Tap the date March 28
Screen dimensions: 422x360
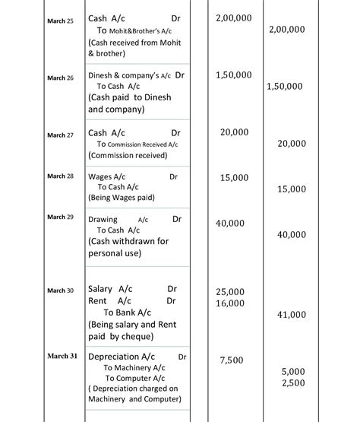[x=61, y=176]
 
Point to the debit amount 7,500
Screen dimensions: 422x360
[x=232, y=360]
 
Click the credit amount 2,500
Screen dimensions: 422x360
[x=292, y=382]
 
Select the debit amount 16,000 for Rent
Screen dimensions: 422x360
[x=230, y=303]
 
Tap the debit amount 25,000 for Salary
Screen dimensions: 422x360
[x=230, y=292]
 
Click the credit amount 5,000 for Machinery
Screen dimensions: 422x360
[x=292, y=371]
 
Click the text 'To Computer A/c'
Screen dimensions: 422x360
[x=134, y=378]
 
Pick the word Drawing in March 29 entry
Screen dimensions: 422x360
[x=103, y=219]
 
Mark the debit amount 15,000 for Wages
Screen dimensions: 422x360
[x=233, y=177]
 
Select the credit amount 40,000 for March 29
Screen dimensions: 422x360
[x=292, y=235]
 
